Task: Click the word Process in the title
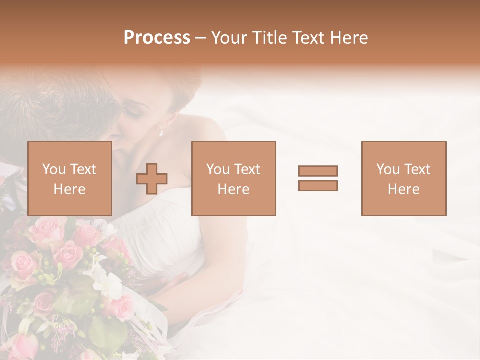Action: [x=157, y=38]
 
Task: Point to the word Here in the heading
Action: [x=348, y=38]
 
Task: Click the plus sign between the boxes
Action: [x=152, y=179]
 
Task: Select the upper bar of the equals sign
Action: [x=318, y=171]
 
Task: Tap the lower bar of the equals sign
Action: [x=318, y=185]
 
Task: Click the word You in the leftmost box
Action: [x=54, y=169]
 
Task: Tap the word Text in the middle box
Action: [x=248, y=169]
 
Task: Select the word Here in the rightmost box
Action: [x=404, y=189]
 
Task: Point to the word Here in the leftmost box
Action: [x=70, y=189]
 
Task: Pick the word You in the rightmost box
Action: [x=388, y=169]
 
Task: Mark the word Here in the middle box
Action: [x=234, y=189]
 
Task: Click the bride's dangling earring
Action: [x=161, y=131]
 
